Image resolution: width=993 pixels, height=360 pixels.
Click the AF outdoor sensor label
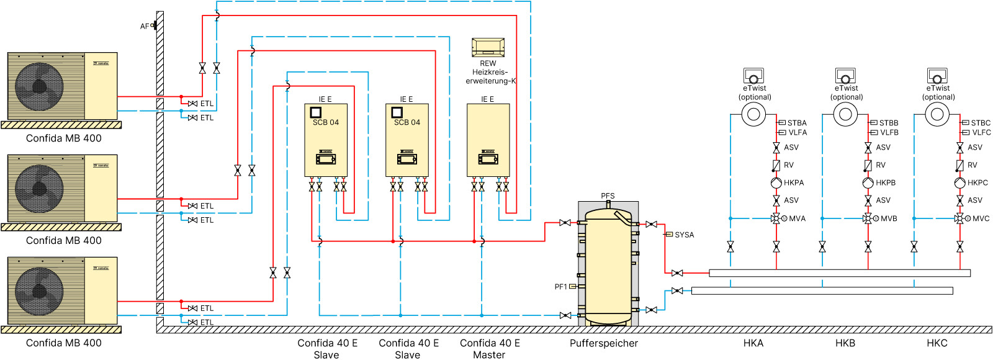145,26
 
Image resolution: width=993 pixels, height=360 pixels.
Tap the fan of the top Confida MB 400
39,86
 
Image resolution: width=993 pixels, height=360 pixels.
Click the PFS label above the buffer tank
608,196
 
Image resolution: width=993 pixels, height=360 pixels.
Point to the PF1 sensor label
560,287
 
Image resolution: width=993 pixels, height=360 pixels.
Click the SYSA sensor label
684,235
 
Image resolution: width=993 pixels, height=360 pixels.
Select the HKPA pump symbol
776,183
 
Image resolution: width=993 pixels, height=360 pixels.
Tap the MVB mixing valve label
889,218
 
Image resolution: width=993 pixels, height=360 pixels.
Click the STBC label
981,123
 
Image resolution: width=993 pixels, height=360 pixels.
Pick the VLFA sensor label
798,132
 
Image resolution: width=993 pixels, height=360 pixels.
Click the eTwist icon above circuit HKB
845,76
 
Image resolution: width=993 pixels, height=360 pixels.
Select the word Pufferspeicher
603,343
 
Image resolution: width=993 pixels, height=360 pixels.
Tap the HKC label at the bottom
937,343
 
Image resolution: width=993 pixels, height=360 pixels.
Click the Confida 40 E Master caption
490,349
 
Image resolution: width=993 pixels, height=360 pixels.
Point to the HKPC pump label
977,182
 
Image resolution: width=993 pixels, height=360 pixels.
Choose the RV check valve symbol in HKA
776,166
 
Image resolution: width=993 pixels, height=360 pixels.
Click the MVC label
981,218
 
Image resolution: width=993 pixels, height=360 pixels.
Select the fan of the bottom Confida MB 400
39,291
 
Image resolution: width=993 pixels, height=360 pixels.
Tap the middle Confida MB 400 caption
63,241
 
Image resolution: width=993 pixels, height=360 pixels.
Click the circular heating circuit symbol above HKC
937,114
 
